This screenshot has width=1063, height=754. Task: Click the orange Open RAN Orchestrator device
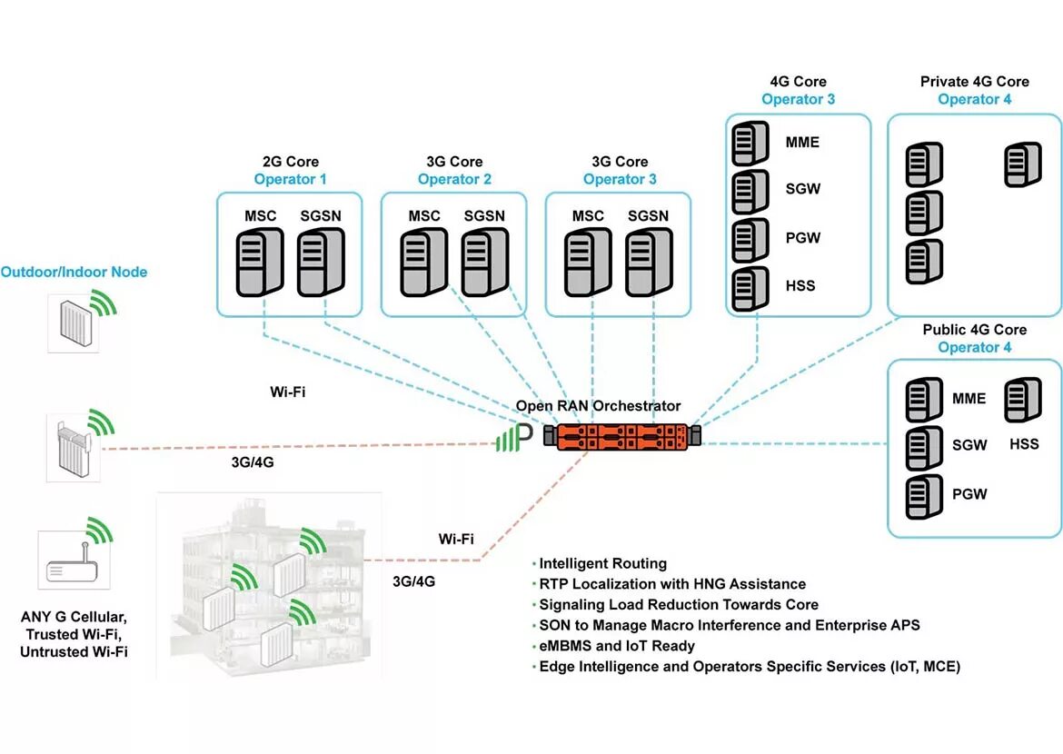coord(621,437)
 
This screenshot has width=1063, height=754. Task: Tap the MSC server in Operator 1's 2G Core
coord(260,262)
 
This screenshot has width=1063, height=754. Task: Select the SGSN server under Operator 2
coord(485,262)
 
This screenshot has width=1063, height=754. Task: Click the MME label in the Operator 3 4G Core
coord(802,143)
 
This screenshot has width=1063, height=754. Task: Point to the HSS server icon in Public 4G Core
coord(1022,400)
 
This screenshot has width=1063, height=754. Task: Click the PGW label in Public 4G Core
coord(969,494)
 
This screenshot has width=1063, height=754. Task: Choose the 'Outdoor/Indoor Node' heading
coord(74,272)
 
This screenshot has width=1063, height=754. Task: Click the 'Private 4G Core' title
coord(974,82)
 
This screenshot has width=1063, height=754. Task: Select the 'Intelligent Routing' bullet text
coord(602,563)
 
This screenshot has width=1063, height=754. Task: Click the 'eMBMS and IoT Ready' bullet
coord(616,646)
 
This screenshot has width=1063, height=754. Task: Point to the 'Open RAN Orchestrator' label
coord(598,405)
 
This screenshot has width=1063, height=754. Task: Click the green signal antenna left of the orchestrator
coord(514,437)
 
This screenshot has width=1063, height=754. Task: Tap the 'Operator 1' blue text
coord(290,179)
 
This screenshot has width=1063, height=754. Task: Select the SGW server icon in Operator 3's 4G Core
coord(750,191)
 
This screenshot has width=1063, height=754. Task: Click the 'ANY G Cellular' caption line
coord(74,617)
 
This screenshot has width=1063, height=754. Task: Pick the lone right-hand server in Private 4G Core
coord(1022,164)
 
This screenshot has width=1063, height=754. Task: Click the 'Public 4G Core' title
coord(974,330)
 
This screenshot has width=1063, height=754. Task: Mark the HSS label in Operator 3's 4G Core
coord(800,286)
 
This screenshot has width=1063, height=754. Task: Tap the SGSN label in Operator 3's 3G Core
coord(648,215)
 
